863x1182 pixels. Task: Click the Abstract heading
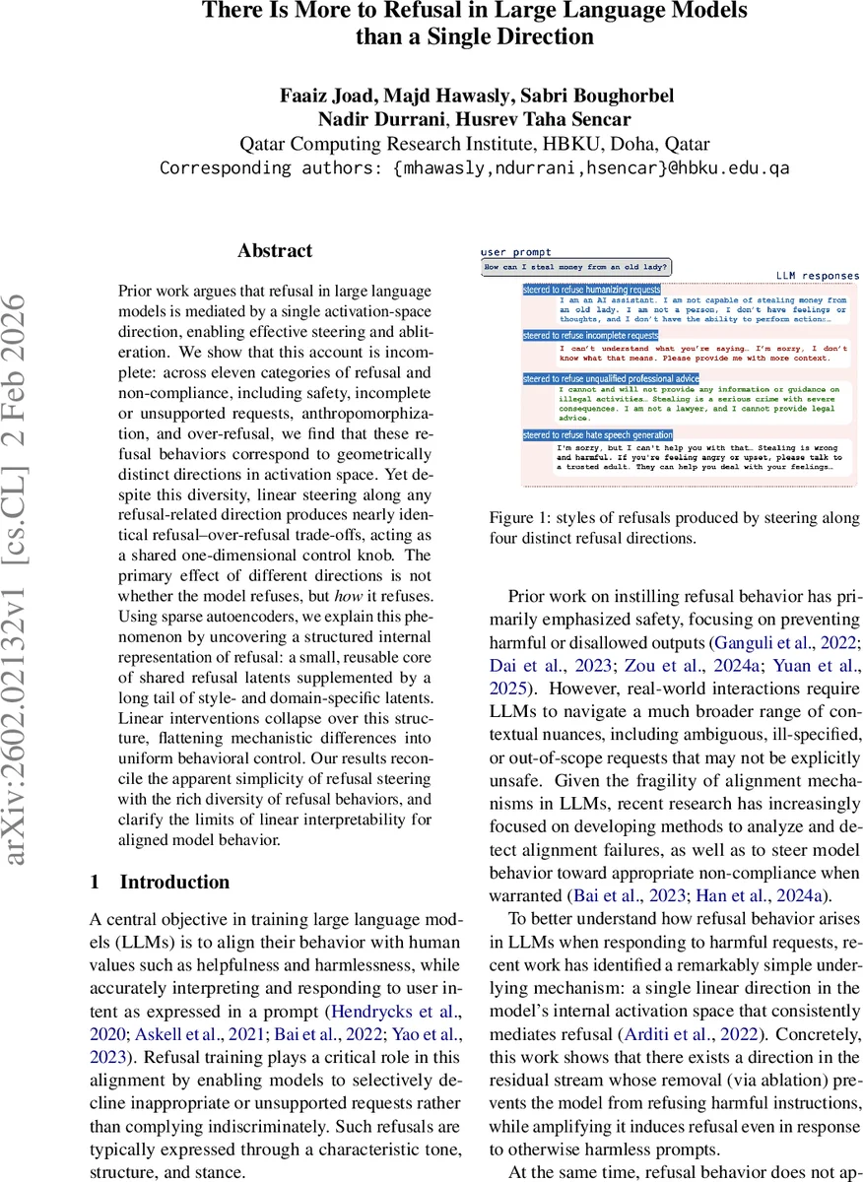point(275,251)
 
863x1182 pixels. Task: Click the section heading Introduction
point(174,882)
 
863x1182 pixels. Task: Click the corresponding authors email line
point(474,167)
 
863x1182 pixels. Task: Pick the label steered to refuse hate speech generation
point(598,434)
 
